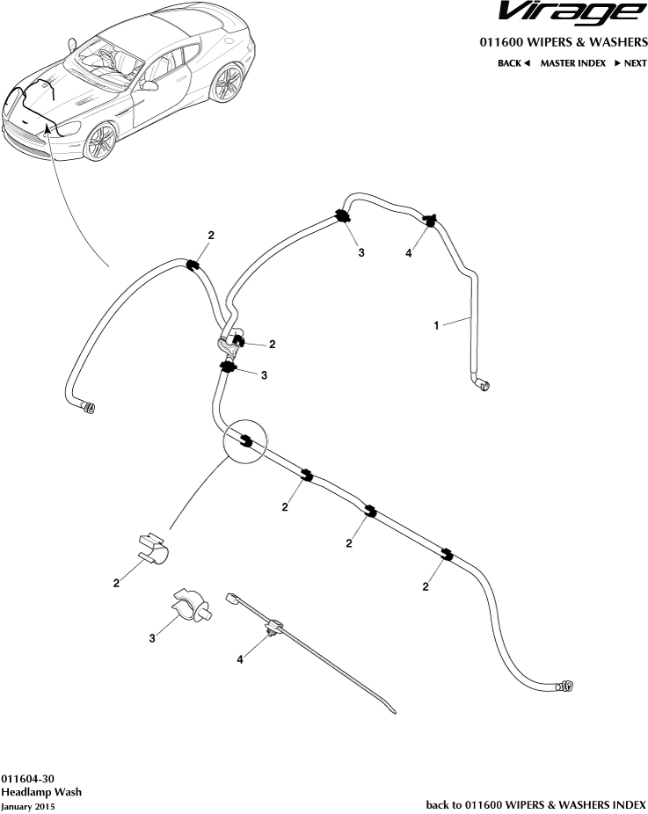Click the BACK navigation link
513,63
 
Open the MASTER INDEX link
572,63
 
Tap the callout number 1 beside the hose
437,325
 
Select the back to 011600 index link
535,804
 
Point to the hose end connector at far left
89,406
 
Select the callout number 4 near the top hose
409,253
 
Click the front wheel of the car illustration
103,141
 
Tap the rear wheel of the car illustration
229,84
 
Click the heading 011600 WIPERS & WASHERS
563,42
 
